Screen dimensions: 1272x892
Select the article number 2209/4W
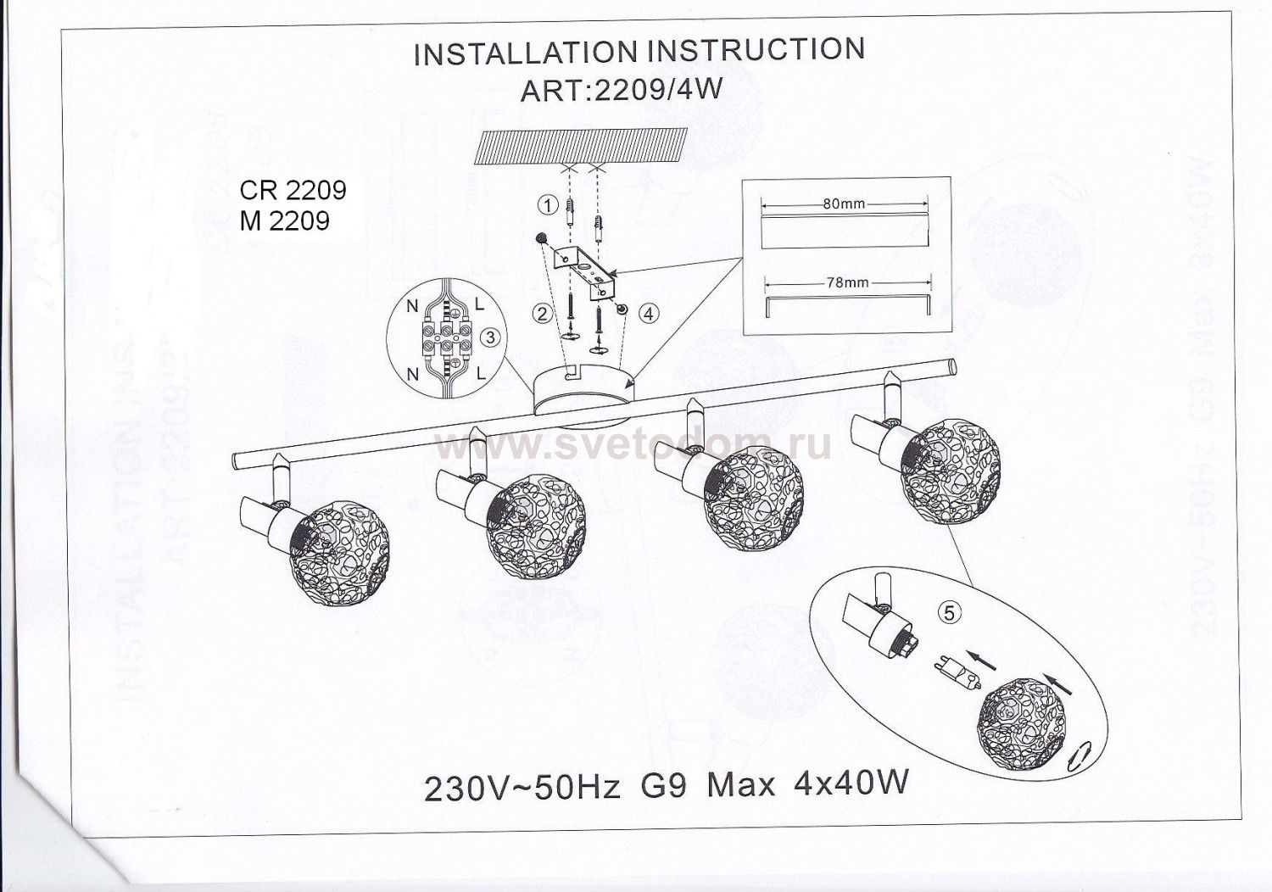coord(657,90)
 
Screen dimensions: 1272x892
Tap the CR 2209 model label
coord(293,190)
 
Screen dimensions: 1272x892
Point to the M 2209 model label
coord(284,220)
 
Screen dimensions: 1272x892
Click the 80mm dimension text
coord(844,203)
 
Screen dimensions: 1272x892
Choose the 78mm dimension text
coord(846,282)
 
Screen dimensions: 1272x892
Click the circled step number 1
coord(548,205)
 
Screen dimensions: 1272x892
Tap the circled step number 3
coord(489,337)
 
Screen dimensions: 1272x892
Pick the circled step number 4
coord(650,314)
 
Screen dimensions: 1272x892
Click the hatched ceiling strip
coord(581,146)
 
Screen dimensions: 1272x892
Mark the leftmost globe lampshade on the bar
coord(339,555)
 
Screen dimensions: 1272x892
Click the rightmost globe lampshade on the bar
coord(951,471)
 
